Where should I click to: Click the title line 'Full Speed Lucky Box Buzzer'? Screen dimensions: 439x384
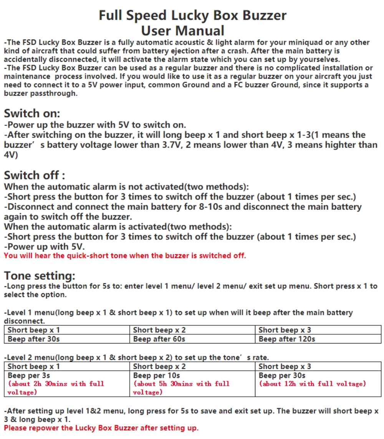[x=192, y=15]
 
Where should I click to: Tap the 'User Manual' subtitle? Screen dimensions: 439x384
[x=183, y=30]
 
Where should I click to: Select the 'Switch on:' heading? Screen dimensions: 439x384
[x=32, y=114]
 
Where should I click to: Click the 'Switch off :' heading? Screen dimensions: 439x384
[x=34, y=175]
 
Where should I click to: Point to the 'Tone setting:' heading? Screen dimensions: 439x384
[x=40, y=276]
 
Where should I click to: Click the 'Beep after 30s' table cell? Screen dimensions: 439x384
[x=34, y=339]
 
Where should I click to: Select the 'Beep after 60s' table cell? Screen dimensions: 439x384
[x=159, y=339]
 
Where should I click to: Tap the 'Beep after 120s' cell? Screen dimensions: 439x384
[x=286, y=339]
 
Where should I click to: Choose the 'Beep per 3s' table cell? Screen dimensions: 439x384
[x=29, y=375]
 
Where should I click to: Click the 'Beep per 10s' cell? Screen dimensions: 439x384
[x=156, y=375]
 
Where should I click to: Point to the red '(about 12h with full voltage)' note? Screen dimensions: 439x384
[x=312, y=383]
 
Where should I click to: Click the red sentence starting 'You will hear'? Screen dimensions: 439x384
[x=125, y=256]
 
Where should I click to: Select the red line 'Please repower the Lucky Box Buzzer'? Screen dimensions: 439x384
[x=101, y=428]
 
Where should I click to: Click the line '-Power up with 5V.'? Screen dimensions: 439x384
[x=44, y=246]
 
